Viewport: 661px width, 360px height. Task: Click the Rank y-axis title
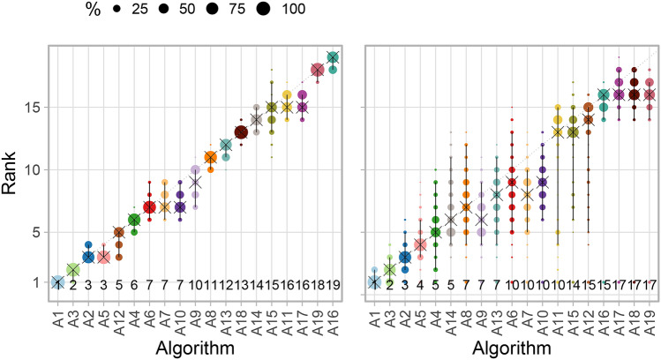tap(15, 169)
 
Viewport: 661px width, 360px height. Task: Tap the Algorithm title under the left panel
tap(194, 349)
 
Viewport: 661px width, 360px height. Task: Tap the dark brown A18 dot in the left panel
tap(241, 132)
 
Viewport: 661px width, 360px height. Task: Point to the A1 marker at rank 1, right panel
tap(374, 281)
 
